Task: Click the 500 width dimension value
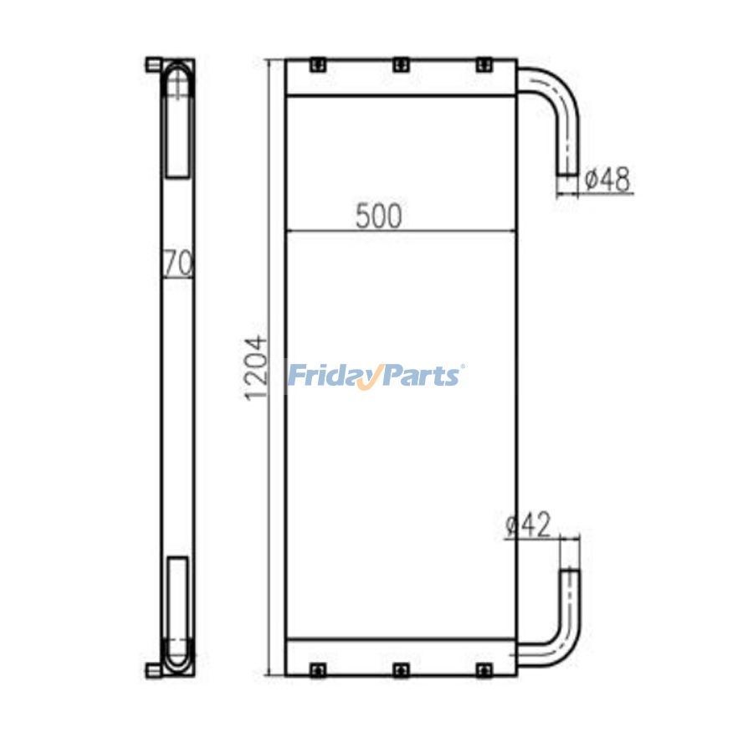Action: [x=378, y=217]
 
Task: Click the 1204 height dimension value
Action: [x=255, y=368]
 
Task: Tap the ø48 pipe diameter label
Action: [x=607, y=180]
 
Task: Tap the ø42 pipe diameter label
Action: [x=529, y=525]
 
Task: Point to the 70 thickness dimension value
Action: [x=178, y=263]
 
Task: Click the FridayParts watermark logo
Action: [x=376, y=376]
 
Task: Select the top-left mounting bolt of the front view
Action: [x=317, y=64]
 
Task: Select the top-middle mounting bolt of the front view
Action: [x=401, y=64]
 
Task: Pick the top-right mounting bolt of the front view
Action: [x=484, y=64]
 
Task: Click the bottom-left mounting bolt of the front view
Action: [x=317, y=670]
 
